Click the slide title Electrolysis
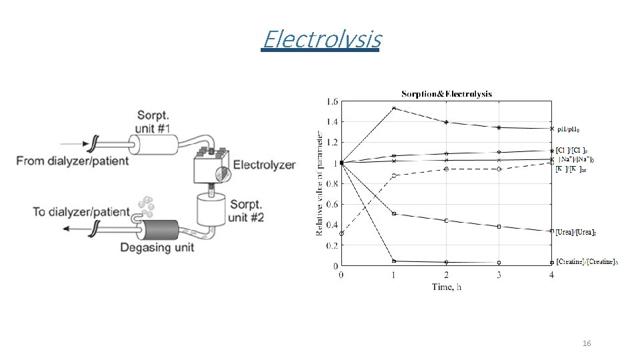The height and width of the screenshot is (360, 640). tap(321, 40)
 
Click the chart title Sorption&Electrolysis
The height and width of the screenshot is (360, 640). tap(446, 94)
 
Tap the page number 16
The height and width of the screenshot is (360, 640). tap(587, 343)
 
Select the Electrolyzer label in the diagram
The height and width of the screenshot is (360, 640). tap(265, 165)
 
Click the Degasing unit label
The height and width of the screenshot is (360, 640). tap(157, 248)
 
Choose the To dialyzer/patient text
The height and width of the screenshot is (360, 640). tap(81, 212)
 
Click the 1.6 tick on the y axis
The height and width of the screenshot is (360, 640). tap(331, 101)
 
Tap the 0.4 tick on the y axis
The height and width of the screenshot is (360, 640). tap(331, 225)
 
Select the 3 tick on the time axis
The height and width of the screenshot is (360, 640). tap(499, 274)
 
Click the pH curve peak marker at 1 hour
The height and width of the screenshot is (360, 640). tap(394, 108)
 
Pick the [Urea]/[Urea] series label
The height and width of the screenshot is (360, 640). tap(576, 232)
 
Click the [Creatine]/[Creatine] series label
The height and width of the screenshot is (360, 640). tap(587, 262)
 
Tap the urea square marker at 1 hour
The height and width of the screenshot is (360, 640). tap(394, 213)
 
